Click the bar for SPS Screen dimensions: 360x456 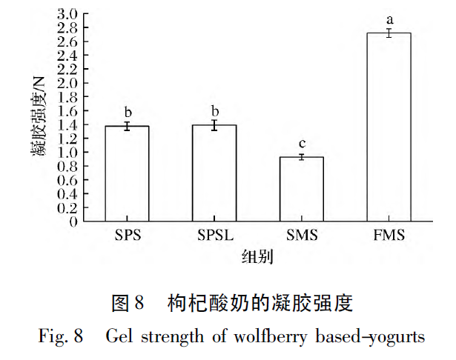[127, 174]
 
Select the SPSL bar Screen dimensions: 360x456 [214, 173]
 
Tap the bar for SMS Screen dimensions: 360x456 [302, 190]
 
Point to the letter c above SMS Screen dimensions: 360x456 [302, 143]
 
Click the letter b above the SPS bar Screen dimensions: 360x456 [127, 111]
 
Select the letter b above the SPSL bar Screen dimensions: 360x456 [214, 110]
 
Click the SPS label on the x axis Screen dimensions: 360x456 [127, 236]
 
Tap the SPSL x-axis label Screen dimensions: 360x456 [214, 236]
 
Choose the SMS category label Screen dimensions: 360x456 [302, 236]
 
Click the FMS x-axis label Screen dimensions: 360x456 [389, 236]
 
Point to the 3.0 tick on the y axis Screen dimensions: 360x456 [67, 14]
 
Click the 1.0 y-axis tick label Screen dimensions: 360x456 [67, 153]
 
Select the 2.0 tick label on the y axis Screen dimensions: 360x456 [67, 83]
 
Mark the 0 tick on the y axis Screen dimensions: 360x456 [73, 221]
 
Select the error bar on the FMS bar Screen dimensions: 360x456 [389, 33]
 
